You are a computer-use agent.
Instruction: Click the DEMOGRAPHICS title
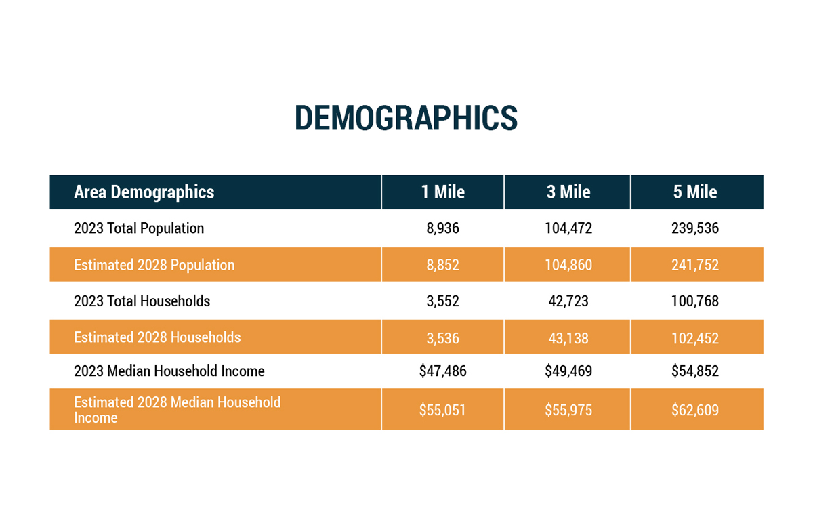click(406, 118)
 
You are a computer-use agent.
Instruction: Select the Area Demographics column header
click(144, 192)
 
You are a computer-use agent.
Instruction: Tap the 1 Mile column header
click(442, 192)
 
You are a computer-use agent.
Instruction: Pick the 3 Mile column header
click(568, 192)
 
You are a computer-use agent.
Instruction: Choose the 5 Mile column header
click(695, 192)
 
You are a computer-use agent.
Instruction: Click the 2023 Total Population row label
click(139, 228)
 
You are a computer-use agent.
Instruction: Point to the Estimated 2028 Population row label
click(154, 265)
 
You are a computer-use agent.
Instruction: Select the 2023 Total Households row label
click(142, 301)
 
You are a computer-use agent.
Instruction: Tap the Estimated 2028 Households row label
click(157, 337)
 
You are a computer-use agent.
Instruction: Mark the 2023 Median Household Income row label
click(169, 371)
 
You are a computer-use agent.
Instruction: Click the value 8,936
click(442, 228)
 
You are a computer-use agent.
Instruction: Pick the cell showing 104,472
click(568, 228)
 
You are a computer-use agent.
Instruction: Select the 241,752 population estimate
click(695, 265)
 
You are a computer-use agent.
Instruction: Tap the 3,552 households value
click(442, 301)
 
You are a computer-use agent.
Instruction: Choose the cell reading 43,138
click(568, 338)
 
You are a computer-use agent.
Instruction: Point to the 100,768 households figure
click(695, 301)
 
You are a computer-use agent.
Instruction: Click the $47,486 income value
click(442, 371)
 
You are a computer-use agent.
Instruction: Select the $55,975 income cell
click(568, 410)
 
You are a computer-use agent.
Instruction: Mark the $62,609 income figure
click(695, 410)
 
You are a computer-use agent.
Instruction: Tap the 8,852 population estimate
click(442, 265)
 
